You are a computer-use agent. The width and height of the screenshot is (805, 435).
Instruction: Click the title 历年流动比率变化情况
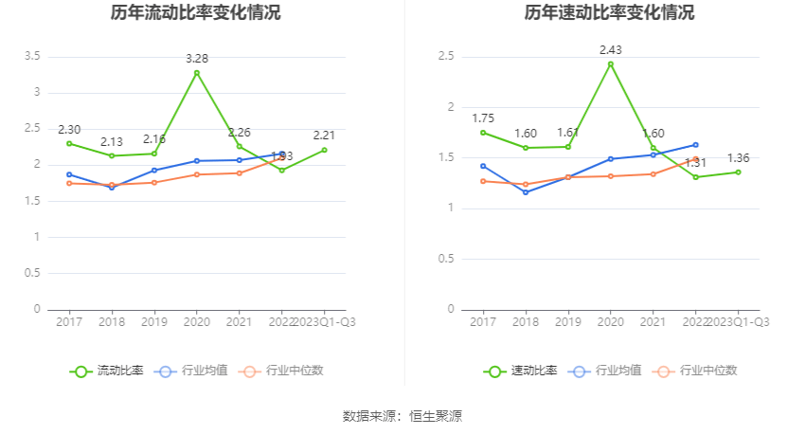coord(195,13)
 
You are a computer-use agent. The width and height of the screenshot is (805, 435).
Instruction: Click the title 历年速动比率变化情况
coord(609,13)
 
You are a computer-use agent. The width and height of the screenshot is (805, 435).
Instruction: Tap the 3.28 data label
coord(196,59)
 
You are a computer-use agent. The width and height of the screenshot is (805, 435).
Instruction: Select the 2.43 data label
coord(611,49)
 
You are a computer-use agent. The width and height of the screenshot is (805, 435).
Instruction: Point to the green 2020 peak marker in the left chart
coord(197,73)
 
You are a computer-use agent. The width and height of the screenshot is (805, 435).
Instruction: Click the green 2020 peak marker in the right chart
coord(611,64)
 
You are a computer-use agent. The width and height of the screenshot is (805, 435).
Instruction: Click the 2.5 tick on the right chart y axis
coord(446,57)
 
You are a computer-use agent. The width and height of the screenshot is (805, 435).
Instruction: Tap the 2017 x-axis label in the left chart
coord(69,322)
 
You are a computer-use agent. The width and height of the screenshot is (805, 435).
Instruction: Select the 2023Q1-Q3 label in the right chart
coord(738,322)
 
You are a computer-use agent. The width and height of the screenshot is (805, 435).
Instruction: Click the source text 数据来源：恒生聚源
coord(402,415)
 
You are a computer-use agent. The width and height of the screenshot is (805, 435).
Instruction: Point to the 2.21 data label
coord(325,136)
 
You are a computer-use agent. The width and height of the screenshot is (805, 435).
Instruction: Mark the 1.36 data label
coord(739,158)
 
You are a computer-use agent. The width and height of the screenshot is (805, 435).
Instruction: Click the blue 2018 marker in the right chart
coord(526,192)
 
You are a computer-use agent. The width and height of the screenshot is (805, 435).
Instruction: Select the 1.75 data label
coord(483,118)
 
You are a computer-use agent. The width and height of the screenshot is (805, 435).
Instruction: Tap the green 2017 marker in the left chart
coord(69,143)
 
